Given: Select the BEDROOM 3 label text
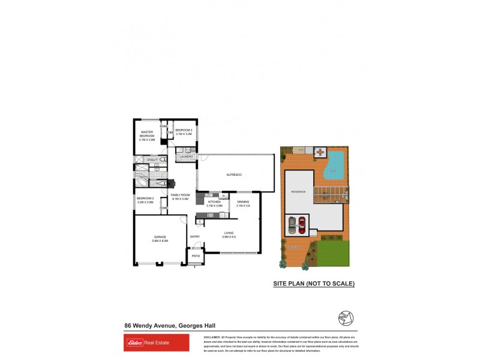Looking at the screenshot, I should pyautogui.click(x=184, y=132).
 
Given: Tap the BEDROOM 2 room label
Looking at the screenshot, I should pyautogui.click(x=145, y=200).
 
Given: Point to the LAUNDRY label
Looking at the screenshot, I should pyautogui.click(x=185, y=157).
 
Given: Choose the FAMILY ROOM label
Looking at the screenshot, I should pyautogui.click(x=180, y=197).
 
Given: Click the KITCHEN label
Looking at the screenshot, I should pyautogui.click(x=214, y=203).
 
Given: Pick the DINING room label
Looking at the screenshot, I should pyautogui.click(x=242, y=203).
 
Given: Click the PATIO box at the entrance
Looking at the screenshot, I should pyautogui.click(x=196, y=256).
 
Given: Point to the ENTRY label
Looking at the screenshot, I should pyautogui.click(x=194, y=236).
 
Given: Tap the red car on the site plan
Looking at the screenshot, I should pyautogui.click(x=301, y=224).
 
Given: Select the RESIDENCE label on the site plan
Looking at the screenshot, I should pyautogui.click(x=299, y=191).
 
